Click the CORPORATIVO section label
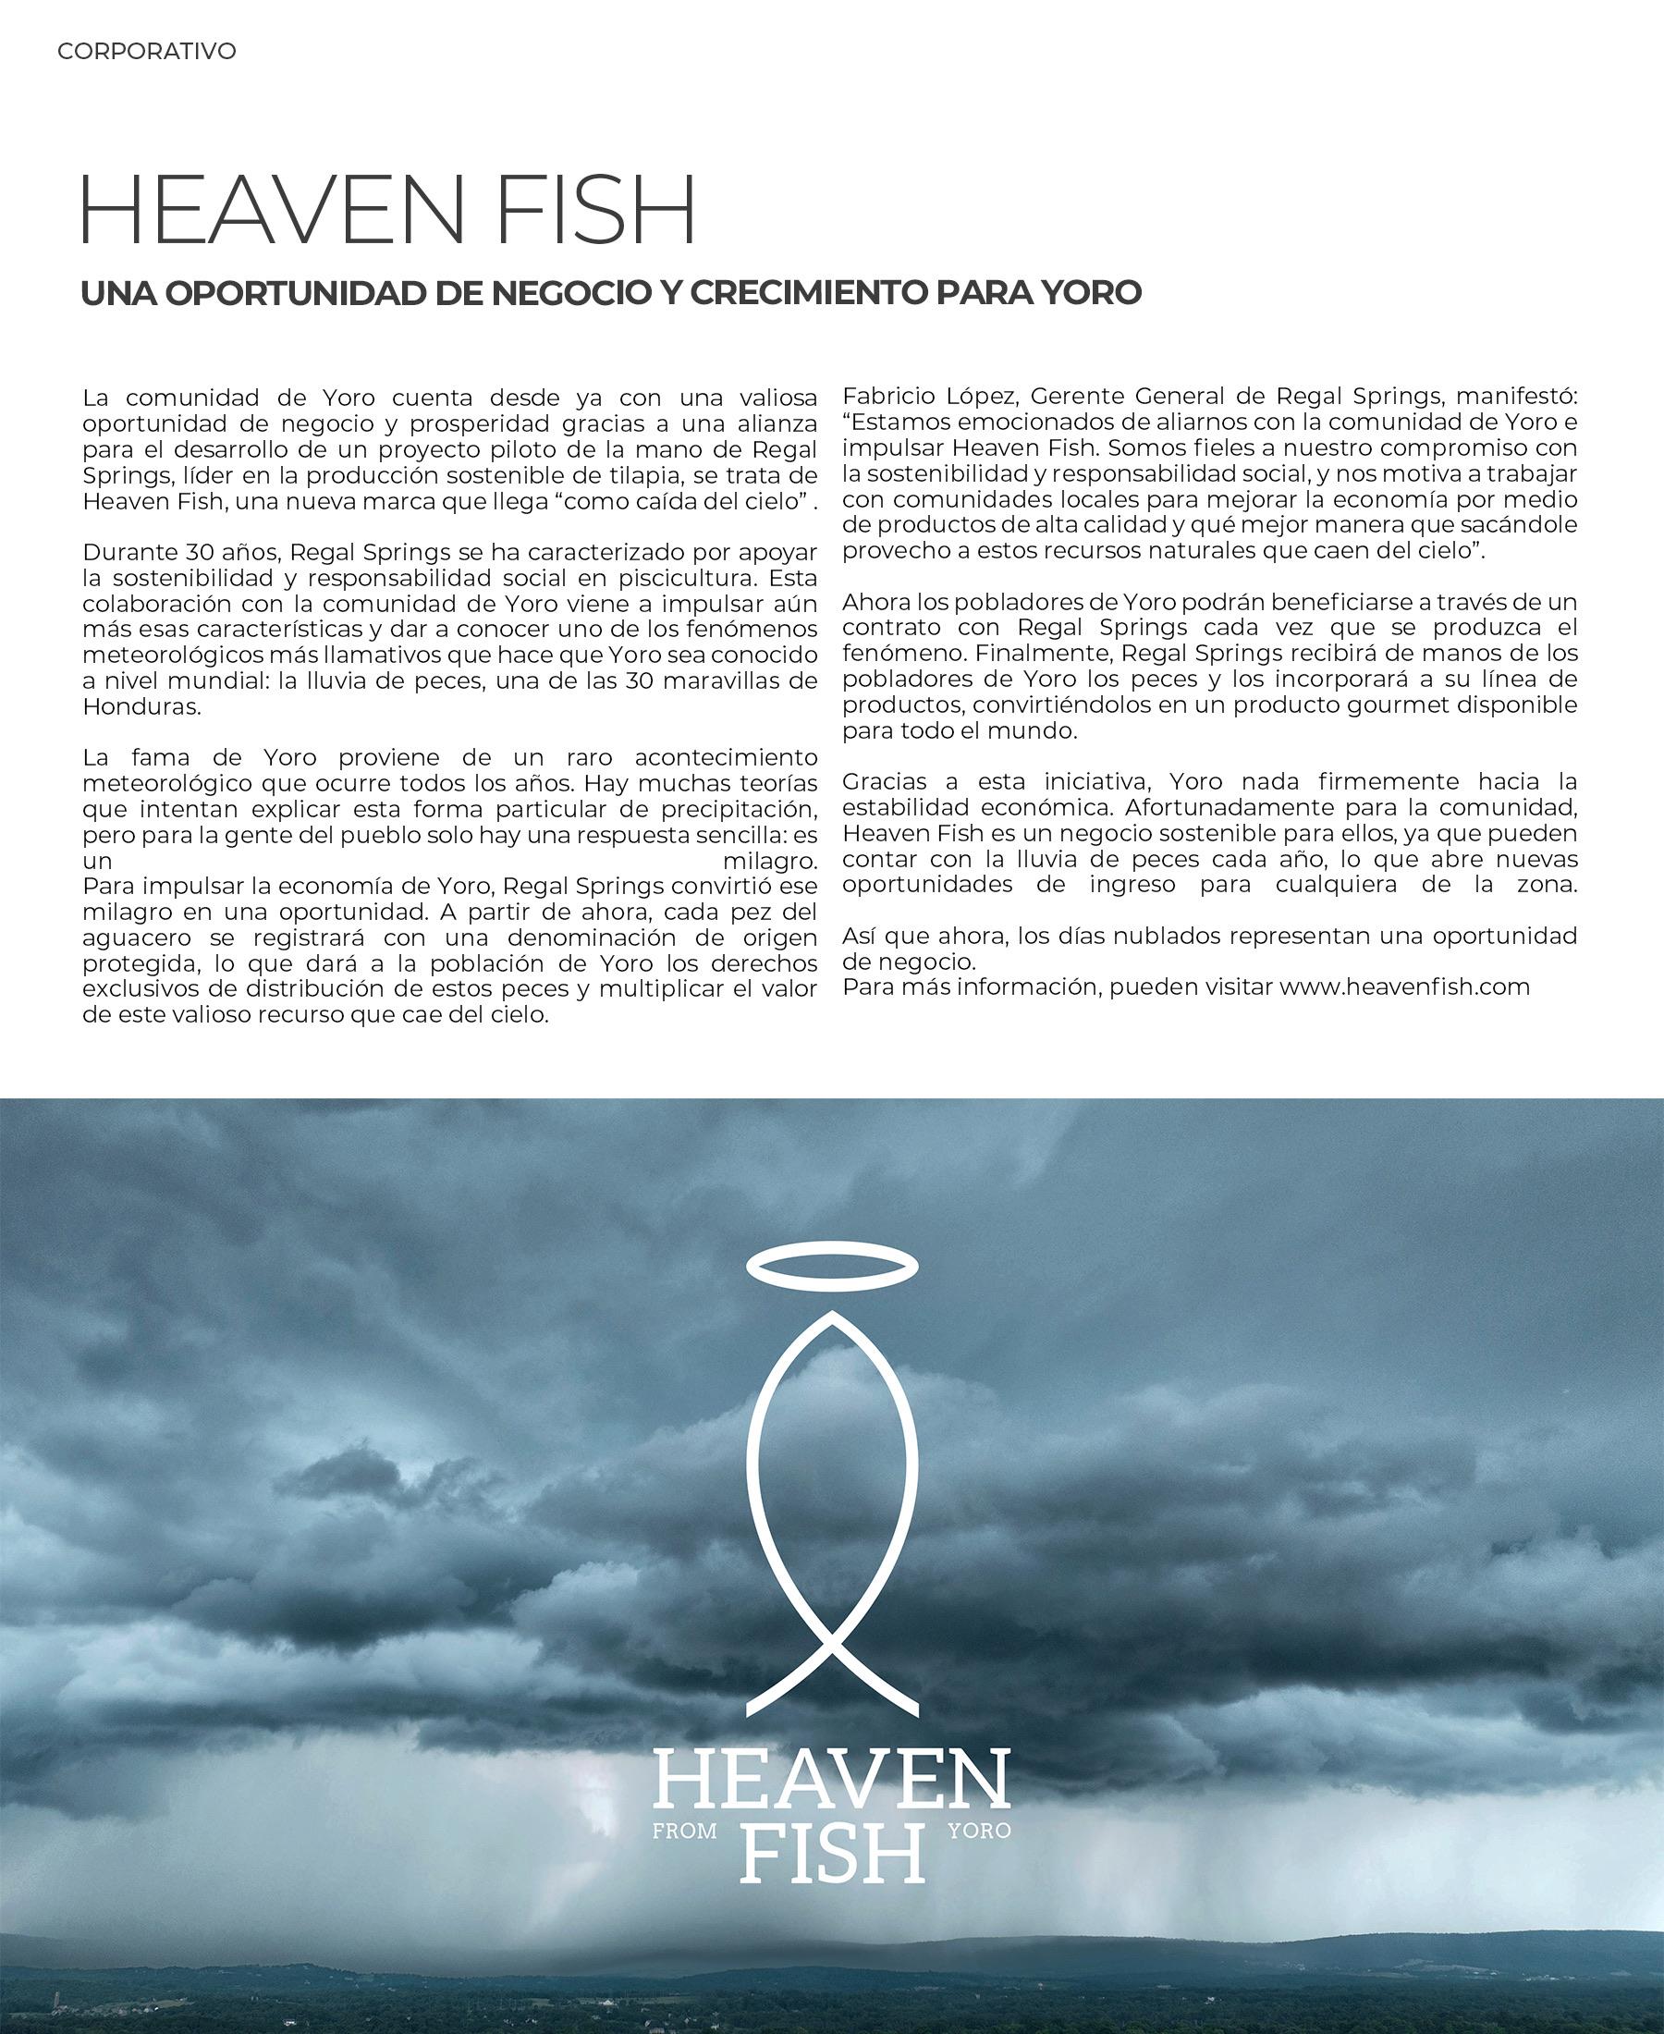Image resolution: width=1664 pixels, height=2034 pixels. (x=147, y=51)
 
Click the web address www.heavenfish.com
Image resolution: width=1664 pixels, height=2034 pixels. (x=1404, y=986)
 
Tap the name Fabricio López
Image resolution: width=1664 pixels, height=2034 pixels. (x=929, y=396)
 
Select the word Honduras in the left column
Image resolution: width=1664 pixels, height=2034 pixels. (x=141, y=707)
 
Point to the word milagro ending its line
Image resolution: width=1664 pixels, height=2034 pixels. (x=770, y=860)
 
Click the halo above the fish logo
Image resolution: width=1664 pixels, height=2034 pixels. (x=831, y=1268)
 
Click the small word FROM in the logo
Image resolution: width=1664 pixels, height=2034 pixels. (x=684, y=1832)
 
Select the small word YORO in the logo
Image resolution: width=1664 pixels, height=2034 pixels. (x=979, y=1831)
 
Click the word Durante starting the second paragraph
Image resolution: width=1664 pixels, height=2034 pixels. (x=131, y=552)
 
